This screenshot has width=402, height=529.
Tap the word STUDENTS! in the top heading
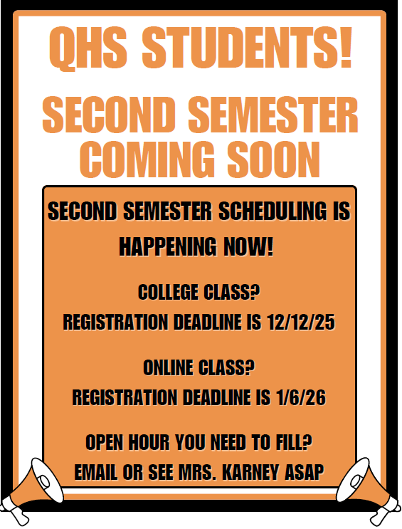point(248,48)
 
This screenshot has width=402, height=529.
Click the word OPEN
point(109,443)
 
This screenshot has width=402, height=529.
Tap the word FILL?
point(293,443)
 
